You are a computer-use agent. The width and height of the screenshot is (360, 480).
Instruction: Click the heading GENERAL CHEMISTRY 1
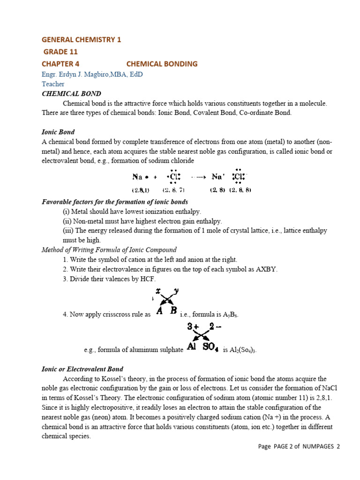click(82, 40)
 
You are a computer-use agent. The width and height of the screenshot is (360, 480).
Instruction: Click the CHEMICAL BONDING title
click(162, 64)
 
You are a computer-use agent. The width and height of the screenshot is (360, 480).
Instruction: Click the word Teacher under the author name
click(53, 84)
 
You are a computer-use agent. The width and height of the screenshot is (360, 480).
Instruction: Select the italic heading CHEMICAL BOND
click(71, 94)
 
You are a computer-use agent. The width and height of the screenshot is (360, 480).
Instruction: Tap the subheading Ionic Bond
click(58, 132)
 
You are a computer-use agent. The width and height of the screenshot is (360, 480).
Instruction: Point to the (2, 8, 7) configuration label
click(173, 190)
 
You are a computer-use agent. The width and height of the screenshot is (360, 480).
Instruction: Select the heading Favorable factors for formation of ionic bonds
click(115, 202)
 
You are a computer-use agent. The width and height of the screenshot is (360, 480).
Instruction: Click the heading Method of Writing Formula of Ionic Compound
click(109, 250)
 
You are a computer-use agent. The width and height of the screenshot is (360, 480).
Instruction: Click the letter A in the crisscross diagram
click(159, 310)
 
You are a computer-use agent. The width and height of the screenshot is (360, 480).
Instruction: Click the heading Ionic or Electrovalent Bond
click(82, 369)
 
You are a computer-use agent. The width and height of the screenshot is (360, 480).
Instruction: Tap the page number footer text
click(299, 447)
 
